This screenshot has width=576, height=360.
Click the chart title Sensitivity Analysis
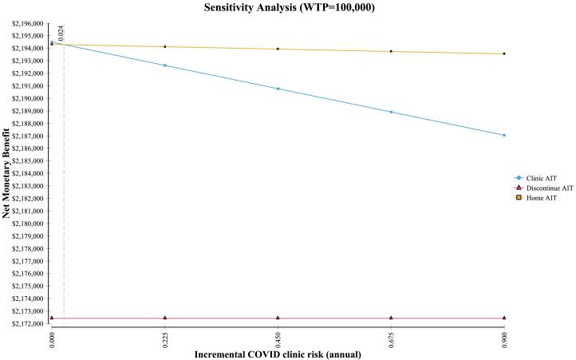[287, 8]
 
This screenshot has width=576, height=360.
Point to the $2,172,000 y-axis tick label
[28, 323]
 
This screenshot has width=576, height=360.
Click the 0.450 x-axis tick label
[277, 338]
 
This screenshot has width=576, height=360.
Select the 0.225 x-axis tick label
[164, 338]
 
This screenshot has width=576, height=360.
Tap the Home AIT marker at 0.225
[164, 46]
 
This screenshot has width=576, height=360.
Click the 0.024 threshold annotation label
[61, 34]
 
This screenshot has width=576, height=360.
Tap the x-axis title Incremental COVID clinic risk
[277, 354]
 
